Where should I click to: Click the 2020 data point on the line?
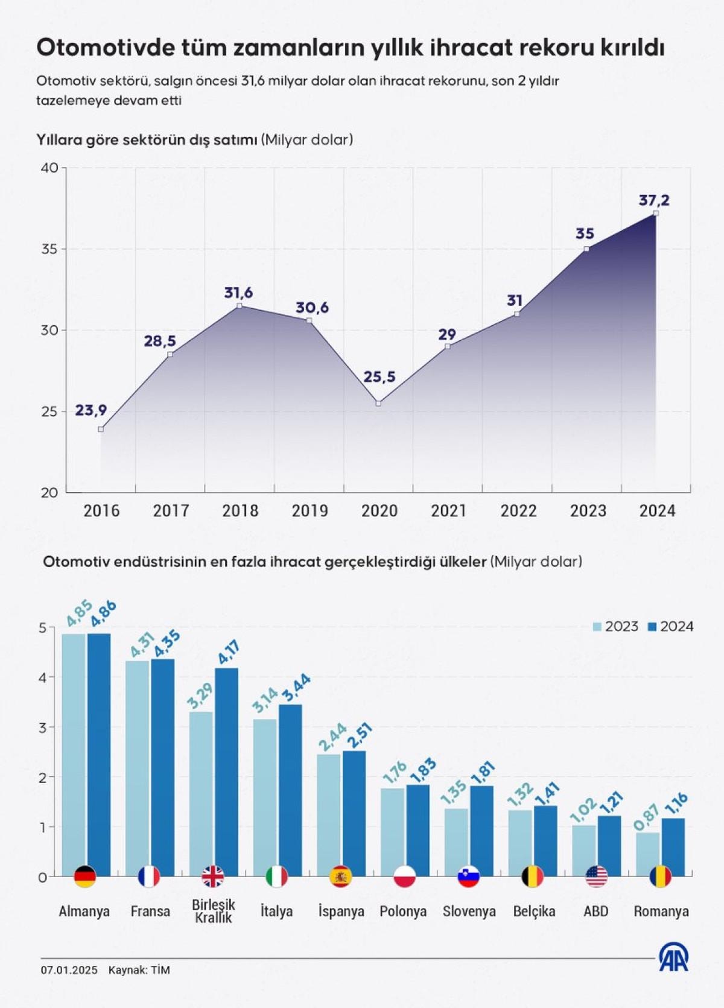[x=378, y=403]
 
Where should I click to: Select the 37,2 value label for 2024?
[x=654, y=200]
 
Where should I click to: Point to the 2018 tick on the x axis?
[x=240, y=511]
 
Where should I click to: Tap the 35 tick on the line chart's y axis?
[x=49, y=249]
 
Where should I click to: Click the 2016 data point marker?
[x=101, y=429]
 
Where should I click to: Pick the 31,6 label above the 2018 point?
[x=238, y=293]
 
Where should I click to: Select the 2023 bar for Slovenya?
[x=456, y=842]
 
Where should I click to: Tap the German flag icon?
[x=85, y=876]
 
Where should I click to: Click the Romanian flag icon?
[x=660, y=876]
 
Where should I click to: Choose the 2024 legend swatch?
[x=652, y=627]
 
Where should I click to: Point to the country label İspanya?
[x=341, y=911]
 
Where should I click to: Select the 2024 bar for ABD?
[x=609, y=845]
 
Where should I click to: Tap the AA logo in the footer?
[x=673, y=957]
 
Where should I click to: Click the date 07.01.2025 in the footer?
[x=69, y=970]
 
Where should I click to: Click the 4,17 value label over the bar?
[x=228, y=653]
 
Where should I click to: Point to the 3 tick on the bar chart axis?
[x=42, y=727]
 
